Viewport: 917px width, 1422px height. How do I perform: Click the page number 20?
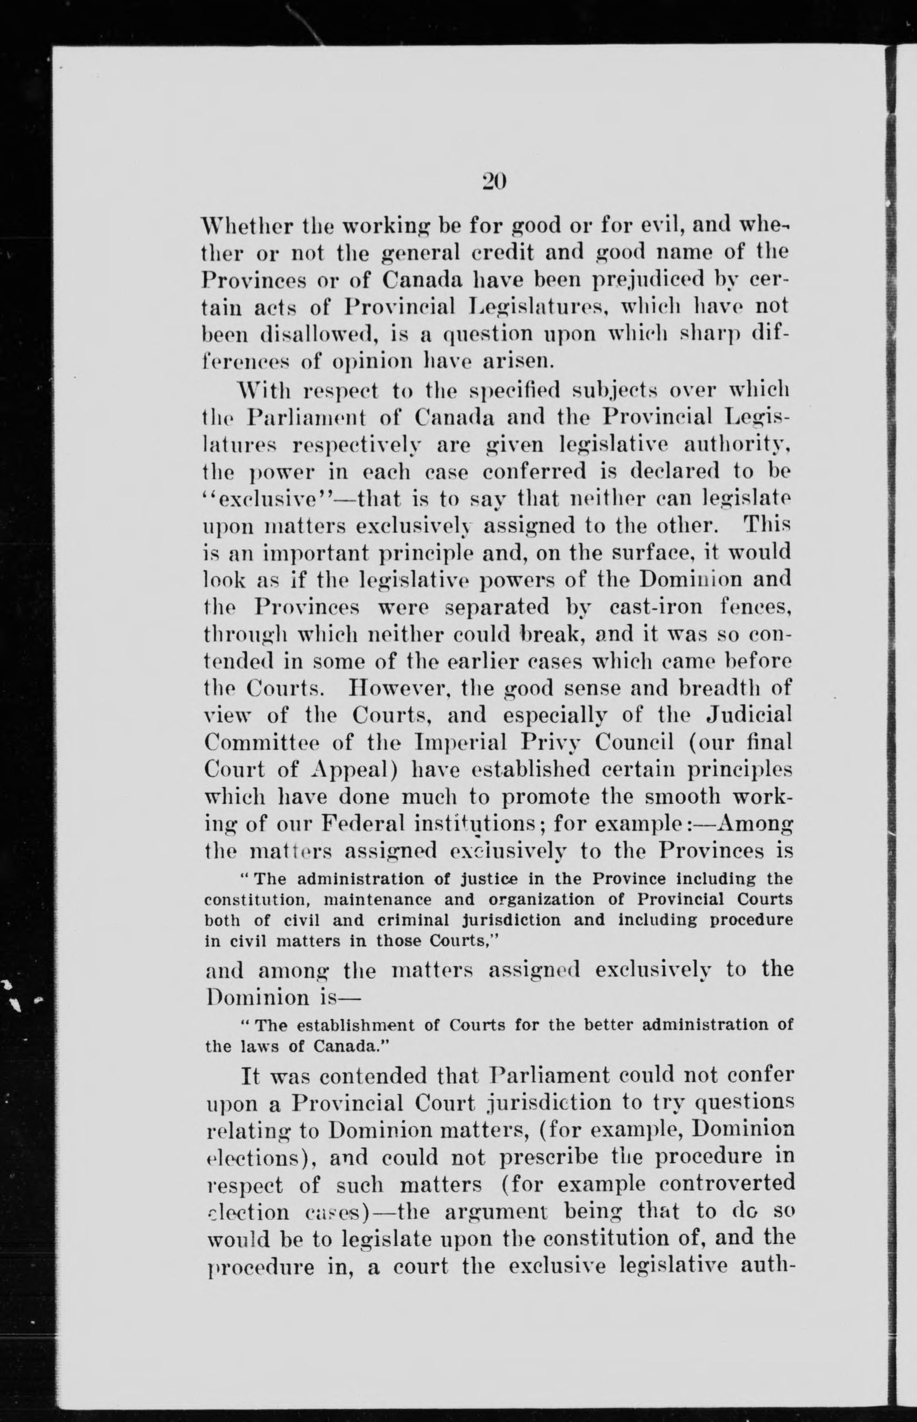coord(493,181)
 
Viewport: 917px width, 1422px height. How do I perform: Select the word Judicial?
coord(749,714)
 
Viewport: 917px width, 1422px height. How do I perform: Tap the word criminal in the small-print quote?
coord(412,920)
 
